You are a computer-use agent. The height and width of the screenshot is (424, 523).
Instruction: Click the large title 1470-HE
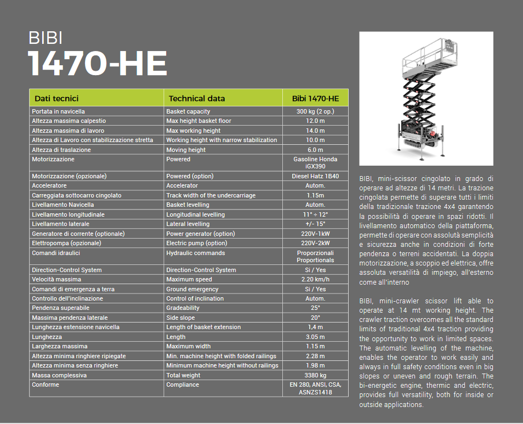pyautogui.click(x=98, y=64)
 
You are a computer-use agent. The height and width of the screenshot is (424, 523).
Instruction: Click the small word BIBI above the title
pyautogui.click(x=46, y=38)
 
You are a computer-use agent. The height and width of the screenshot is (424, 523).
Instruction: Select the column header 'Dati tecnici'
pyautogui.click(x=56, y=99)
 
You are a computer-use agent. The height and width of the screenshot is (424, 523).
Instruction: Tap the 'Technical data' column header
pyautogui.click(x=197, y=99)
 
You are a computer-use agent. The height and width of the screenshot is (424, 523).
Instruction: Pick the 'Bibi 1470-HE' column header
pyautogui.click(x=315, y=99)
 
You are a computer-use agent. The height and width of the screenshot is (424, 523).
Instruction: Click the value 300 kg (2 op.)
pyautogui.click(x=315, y=111)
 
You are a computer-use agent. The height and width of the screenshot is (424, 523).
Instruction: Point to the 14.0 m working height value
pyautogui.click(x=315, y=131)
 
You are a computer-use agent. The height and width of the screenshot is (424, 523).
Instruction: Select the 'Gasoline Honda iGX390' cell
pyautogui.click(x=315, y=163)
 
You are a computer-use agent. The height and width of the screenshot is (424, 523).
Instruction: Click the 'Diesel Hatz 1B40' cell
pyautogui.click(x=315, y=176)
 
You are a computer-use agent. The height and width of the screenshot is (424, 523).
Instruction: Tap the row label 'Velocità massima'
pyautogui.click(x=56, y=280)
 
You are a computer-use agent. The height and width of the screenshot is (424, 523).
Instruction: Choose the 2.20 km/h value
pyautogui.click(x=315, y=280)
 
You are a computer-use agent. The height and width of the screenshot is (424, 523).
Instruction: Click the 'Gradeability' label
pyautogui.click(x=183, y=308)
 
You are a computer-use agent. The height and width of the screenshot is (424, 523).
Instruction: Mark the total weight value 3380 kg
pyautogui.click(x=315, y=375)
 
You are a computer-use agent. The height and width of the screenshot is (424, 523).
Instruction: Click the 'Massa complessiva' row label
pyautogui.click(x=59, y=375)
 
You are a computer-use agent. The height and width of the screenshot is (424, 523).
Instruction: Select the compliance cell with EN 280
pyautogui.click(x=315, y=388)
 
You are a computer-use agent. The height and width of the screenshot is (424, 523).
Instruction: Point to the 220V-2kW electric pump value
pyautogui.click(x=315, y=243)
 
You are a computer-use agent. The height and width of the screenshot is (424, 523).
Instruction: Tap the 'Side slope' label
pyautogui.click(x=180, y=318)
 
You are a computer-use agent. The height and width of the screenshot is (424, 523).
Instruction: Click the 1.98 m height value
pyautogui.click(x=315, y=365)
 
